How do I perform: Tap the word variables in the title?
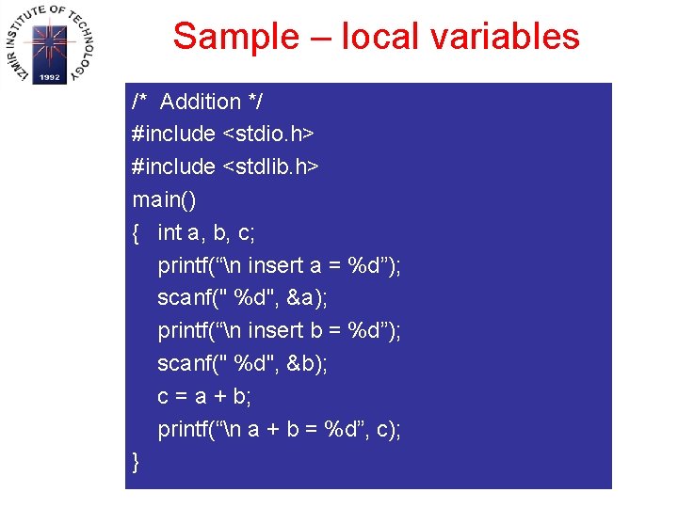(x=508, y=38)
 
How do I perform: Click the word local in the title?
(x=381, y=38)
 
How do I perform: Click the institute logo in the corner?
(x=49, y=43)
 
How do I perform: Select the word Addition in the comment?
(x=201, y=102)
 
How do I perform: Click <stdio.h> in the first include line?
(x=268, y=135)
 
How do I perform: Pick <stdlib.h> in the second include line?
(x=271, y=167)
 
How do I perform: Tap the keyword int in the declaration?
(x=169, y=233)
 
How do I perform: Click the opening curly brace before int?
(x=137, y=233)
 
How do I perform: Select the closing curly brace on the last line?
(x=137, y=463)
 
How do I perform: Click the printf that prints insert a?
(x=185, y=266)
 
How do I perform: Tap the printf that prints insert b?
(x=185, y=331)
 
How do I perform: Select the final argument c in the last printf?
(x=383, y=430)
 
